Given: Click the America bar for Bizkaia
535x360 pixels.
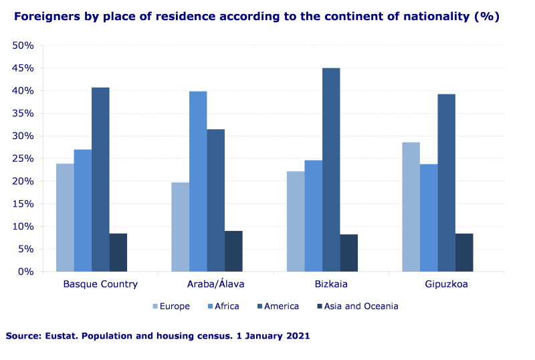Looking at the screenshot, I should pyautogui.click(x=331, y=170).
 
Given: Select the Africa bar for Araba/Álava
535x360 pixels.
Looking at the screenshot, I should pyautogui.click(x=198, y=181).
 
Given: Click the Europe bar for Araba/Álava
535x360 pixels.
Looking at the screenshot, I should pyautogui.click(x=180, y=227).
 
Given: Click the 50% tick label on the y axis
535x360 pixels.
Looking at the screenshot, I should pyautogui.click(x=23, y=46).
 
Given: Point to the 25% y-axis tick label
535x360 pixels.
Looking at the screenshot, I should pyautogui.click(x=23, y=159).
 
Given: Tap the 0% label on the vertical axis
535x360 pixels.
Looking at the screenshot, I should pyautogui.click(x=26, y=272).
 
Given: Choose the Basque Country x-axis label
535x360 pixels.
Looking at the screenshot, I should pyautogui.click(x=100, y=284).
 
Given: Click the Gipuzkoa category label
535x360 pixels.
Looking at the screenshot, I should pyautogui.click(x=446, y=284).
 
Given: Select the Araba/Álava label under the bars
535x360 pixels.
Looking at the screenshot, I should pyautogui.click(x=215, y=284).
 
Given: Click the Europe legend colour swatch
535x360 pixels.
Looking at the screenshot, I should pyautogui.click(x=156, y=306).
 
